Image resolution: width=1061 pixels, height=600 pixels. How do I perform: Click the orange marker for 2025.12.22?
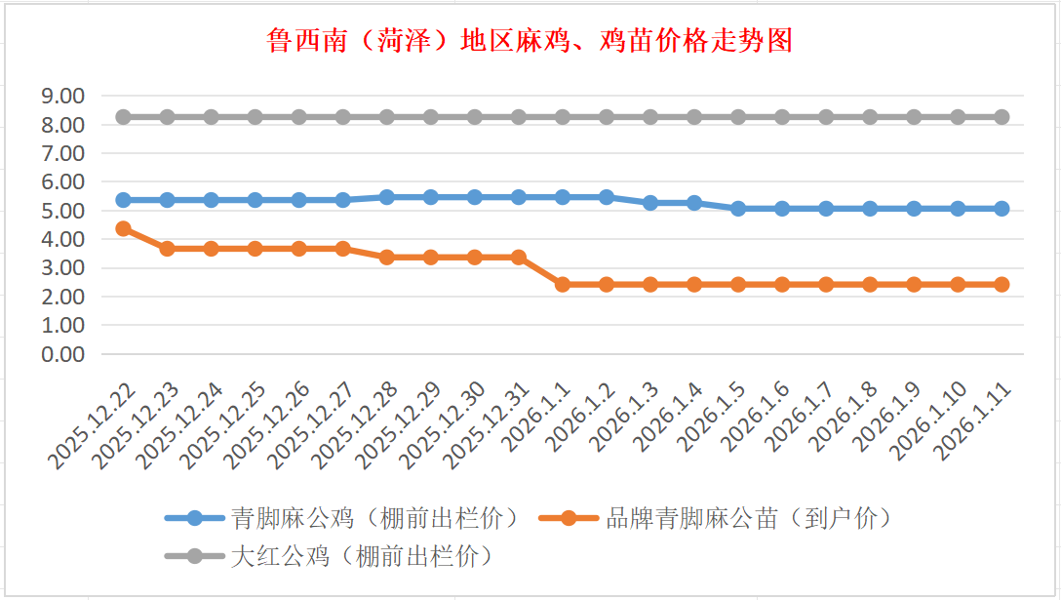(124, 228)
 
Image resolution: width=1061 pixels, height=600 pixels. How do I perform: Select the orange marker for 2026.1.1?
(563, 285)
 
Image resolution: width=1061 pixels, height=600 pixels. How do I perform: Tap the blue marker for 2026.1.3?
(650, 203)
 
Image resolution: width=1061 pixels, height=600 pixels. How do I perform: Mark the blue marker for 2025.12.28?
(387, 197)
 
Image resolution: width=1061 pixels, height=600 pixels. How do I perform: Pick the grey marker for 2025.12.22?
(124, 117)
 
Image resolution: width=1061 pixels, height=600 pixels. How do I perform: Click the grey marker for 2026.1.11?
(1002, 117)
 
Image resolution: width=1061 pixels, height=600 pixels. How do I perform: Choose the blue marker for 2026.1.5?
(738, 209)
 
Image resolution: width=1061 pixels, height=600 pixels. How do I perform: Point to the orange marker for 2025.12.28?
(387, 258)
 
